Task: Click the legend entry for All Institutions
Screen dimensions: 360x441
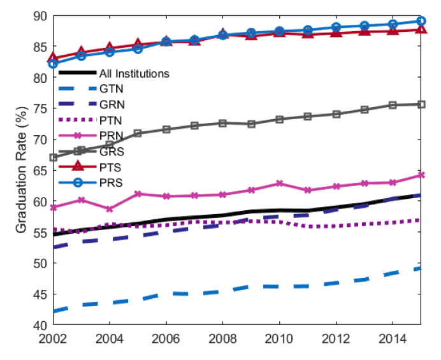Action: pyautogui.click(x=134, y=73)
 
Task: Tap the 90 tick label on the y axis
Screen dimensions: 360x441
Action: pyautogui.click(x=41, y=16)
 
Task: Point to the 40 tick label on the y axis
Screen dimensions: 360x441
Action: pyautogui.click(x=41, y=325)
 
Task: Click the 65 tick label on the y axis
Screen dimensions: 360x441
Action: pyautogui.click(x=41, y=171)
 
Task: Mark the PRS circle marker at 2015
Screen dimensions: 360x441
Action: pyautogui.click(x=421, y=21)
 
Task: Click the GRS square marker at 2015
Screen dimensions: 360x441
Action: pyautogui.click(x=421, y=104)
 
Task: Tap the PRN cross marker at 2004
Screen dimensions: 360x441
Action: pyautogui.click(x=110, y=209)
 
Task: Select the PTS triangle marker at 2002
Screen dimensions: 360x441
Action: pyautogui.click(x=54, y=58)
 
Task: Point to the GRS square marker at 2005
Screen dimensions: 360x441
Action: pyautogui.click(x=138, y=133)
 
